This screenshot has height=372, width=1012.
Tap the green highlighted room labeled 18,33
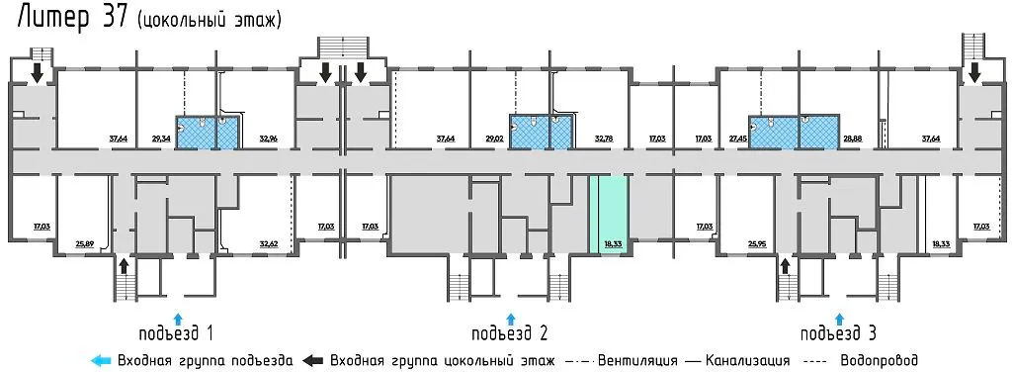(610, 215)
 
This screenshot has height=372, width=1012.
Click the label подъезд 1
(177, 331)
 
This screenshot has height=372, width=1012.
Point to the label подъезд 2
(510, 331)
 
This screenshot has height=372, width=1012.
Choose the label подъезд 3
(838, 331)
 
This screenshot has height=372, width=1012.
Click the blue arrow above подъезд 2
(510, 316)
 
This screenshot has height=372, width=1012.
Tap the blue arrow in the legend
(99, 360)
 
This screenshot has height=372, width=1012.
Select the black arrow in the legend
(315, 360)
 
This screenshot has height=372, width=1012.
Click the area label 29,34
(161, 139)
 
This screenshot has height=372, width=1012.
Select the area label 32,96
(269, 139)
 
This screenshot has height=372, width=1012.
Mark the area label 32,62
(268, 241)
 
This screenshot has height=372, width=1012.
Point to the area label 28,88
(853, 139)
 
